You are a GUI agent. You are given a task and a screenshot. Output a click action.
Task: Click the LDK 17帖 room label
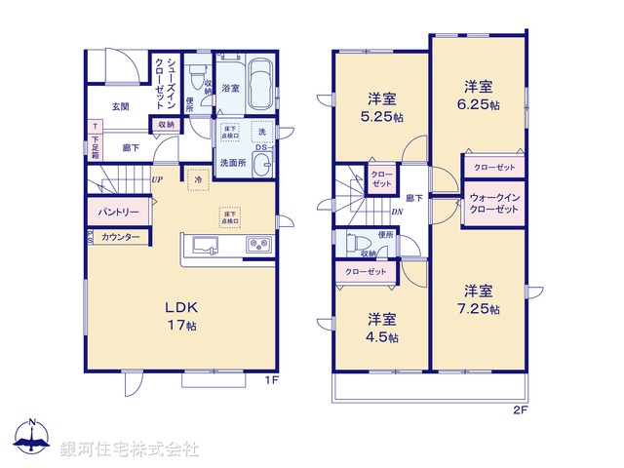pyautogui.click(x=183, y=314)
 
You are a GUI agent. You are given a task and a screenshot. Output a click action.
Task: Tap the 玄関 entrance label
pyautogui.click(x=120, y=106)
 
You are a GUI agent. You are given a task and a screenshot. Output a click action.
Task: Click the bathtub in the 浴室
pyautogui.click(x=258, y=86)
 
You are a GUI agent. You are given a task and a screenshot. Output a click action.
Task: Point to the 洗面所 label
pyautogui.click(x=232, y=163)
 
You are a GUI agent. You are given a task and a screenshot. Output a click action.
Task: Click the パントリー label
pyautogui.click(x=117, y=212)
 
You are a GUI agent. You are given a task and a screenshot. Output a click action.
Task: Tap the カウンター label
pyautogui.click(x=120, y=237)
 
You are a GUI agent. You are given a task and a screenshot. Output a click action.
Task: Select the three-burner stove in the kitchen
pyautogui.click(x=258, y=245)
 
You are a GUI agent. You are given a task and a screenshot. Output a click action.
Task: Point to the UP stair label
pyautogui.click(x=156, y=179)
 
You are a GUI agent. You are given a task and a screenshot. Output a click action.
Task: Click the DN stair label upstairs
pyautogui.click(x=398, y=212)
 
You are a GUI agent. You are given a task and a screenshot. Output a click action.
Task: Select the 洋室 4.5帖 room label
pyautogui.click(x=381, y=329)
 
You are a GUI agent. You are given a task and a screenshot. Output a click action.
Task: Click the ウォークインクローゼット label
pyautogui.click(x=494, y=204)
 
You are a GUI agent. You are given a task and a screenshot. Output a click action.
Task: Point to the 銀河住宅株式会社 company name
pyautogui.click(x=130, y=449)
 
